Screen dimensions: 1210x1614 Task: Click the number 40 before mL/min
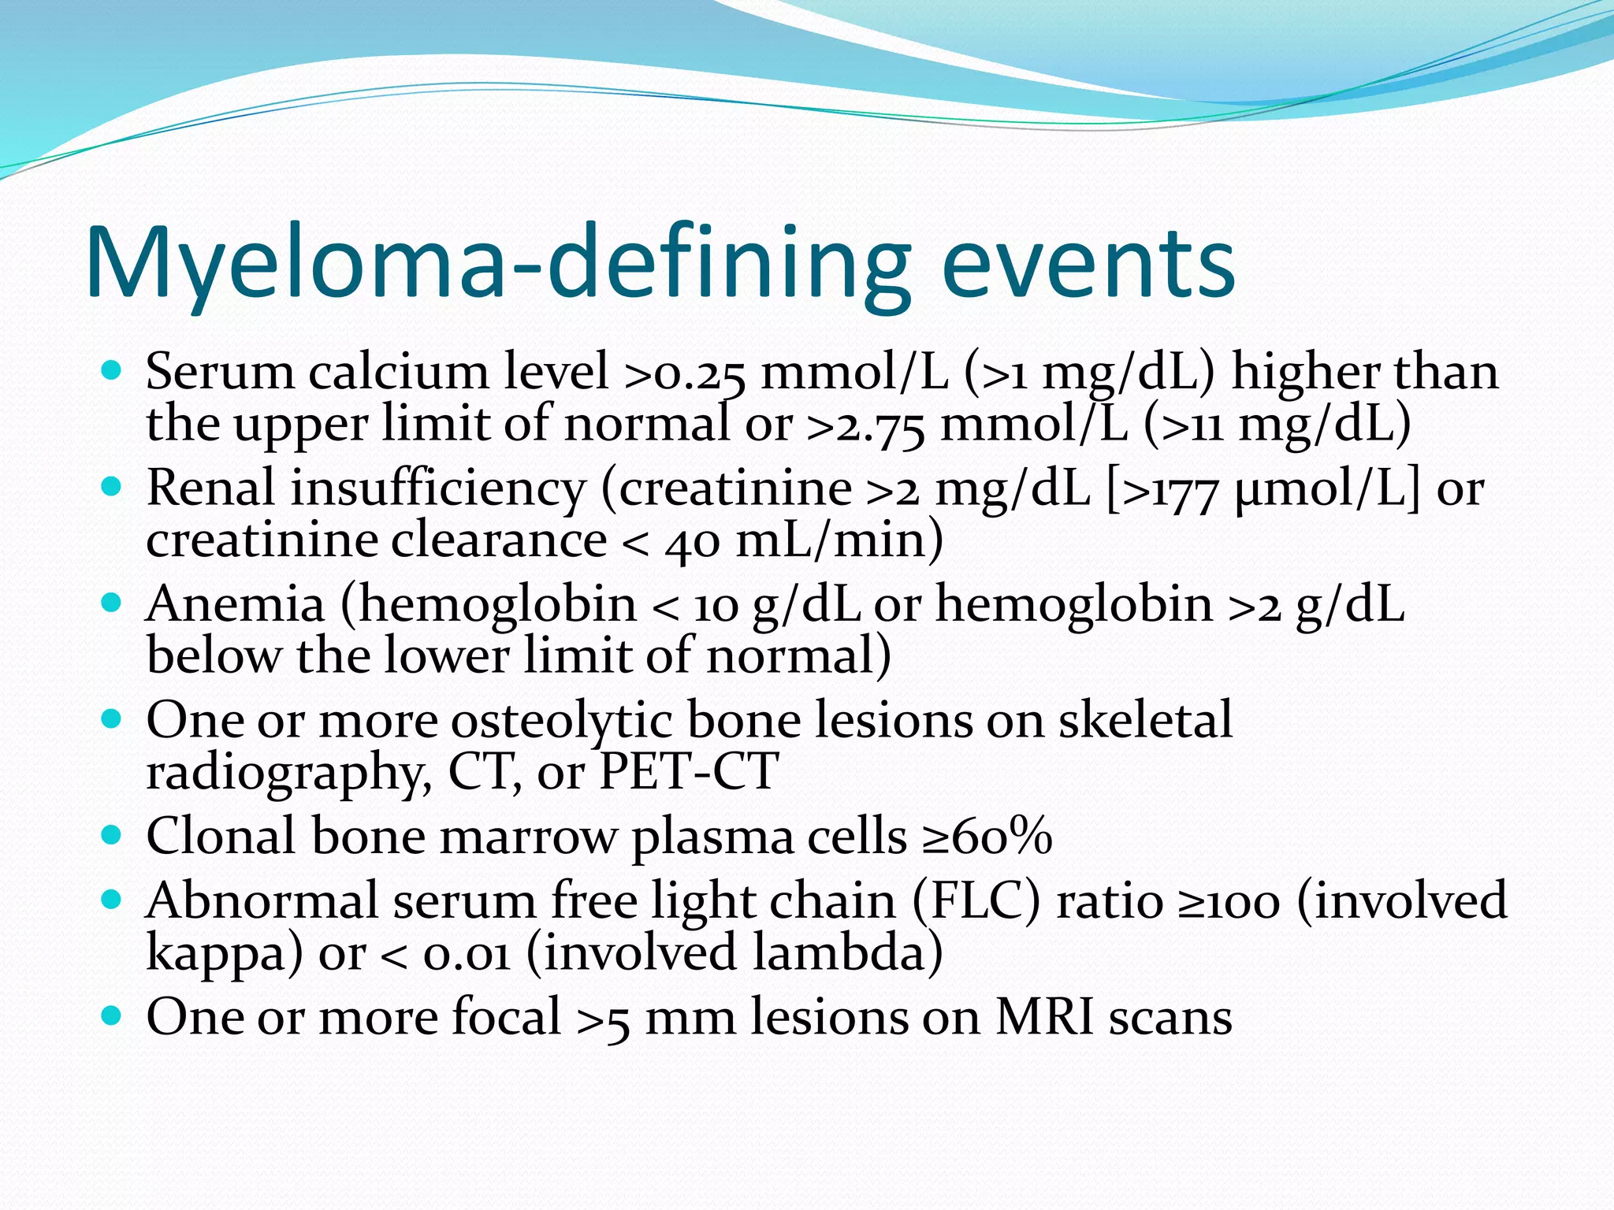692,542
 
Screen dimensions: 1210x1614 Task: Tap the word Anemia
235,604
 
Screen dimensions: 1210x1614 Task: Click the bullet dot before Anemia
112,603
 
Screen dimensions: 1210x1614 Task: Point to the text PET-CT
689,771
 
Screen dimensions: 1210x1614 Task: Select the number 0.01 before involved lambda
467,954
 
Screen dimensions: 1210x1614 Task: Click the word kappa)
225,954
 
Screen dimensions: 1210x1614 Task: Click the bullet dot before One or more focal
112,1015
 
